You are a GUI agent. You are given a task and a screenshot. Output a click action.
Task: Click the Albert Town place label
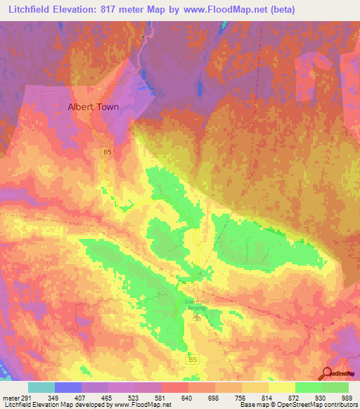pos(93,108)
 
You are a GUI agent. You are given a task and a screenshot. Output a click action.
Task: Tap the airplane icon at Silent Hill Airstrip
pos(197,316)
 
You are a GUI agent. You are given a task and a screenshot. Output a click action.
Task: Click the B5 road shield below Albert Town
pos(107,151)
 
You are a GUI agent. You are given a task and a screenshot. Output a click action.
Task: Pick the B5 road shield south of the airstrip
pos(193,359)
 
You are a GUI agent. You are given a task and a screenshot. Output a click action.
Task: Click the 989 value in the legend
pos(338,398)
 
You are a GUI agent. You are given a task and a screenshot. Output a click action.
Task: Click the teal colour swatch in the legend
pos(41,387)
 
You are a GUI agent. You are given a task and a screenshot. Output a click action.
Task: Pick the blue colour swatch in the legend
pos(67,387)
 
